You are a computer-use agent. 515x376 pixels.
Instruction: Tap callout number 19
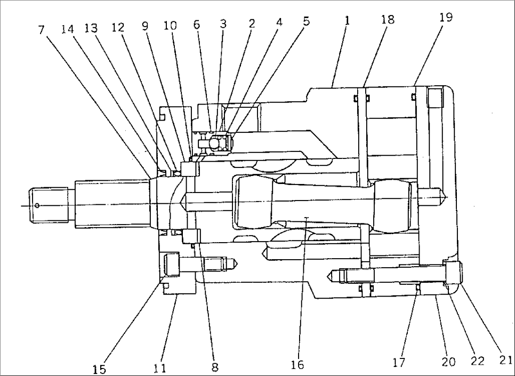point(446,17)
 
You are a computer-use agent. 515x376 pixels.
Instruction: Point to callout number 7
point(42,29)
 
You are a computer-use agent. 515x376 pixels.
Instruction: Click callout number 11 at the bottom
point(160,367)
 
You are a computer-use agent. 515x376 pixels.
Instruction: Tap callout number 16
point(298,365)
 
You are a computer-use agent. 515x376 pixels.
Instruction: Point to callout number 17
point(399,363)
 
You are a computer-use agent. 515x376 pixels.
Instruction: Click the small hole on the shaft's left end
point(36,205)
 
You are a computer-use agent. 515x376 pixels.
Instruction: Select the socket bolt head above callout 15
point(172,264)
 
